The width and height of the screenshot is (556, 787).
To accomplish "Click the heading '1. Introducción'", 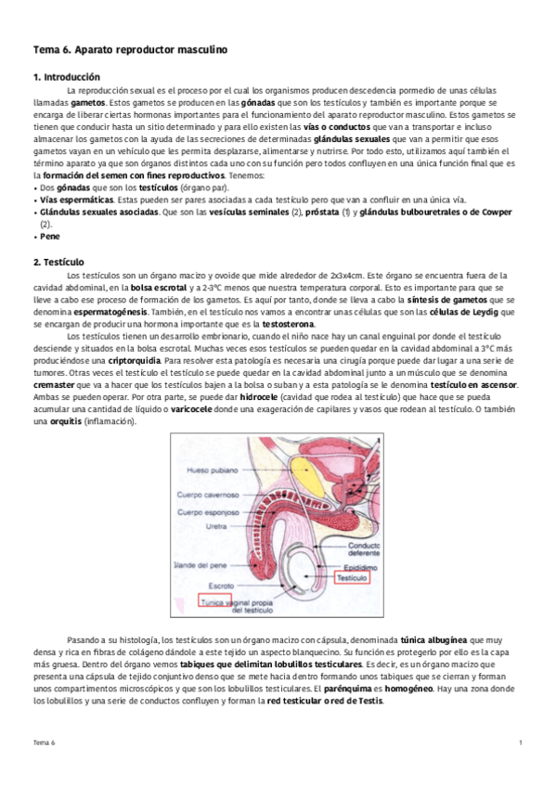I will click(67, 76).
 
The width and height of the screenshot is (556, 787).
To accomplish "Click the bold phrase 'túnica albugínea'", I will click(433, 640).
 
